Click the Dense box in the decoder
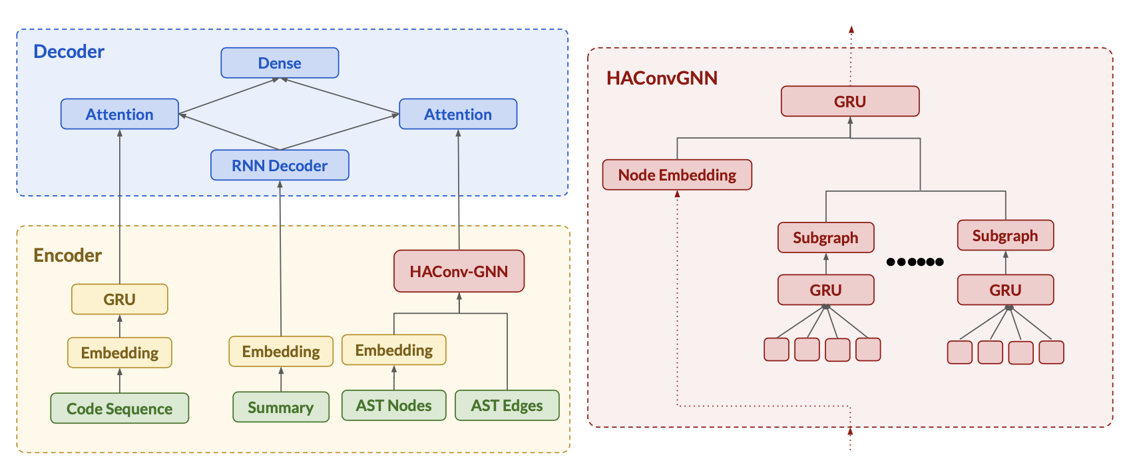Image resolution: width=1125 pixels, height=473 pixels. [x=280, y=63]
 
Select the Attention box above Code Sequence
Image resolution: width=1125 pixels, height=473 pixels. [x=120, y=114]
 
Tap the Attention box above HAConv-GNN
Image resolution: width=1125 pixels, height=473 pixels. [x=458, y=114]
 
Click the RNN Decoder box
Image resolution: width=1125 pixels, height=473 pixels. [x=280, y=165]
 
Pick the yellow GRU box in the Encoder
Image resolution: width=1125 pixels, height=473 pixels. [x=120, y=299]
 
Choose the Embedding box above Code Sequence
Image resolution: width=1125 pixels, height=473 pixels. [x=120, y=352]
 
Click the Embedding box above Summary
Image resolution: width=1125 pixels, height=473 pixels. [x=281, y=351]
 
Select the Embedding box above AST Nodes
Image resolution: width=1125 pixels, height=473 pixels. [x=394, y=350]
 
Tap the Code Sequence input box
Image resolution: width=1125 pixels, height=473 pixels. [x=120, y=408]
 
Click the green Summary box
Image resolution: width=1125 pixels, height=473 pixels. [x=281, y=407]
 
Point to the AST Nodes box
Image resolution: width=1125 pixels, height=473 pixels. [x=394, y=405]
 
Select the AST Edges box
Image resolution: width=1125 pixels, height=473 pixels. [x=507, y=405]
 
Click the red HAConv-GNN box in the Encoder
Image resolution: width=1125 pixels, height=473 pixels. [x=459, y=271]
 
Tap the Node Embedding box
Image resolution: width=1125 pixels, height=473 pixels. [x=677, y=175]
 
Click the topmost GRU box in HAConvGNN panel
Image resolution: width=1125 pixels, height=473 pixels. [x=850, y=101]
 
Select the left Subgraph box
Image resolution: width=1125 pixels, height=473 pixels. [x=825, y=237]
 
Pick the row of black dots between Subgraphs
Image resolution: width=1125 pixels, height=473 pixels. [x=915, y=262]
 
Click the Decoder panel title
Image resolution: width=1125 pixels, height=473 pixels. [x=69, y=51]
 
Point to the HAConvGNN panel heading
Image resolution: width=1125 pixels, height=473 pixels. [x=662, y=78]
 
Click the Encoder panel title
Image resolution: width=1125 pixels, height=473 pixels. [x=67, y=255]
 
